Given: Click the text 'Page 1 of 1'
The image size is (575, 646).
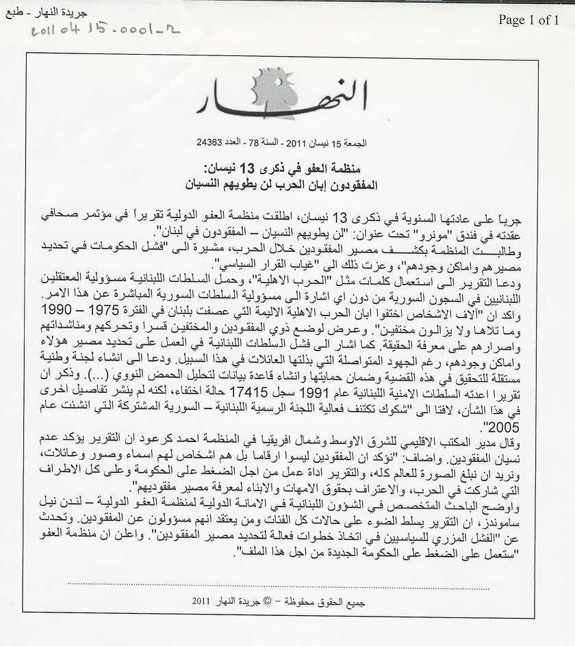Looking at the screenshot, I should (528, 20).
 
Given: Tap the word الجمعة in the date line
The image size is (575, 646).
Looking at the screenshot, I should (355, 143).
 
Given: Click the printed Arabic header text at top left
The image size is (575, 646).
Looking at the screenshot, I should (33, 12).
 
